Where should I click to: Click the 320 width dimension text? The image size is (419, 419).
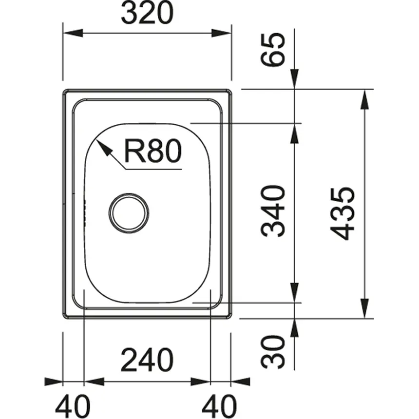[147, 15]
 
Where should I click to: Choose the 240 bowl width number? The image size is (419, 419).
[147, 361]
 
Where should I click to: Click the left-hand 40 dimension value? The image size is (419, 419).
[72, 404]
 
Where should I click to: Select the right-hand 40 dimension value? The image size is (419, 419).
[220, 404]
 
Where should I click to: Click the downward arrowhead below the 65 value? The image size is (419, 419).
[294, 81]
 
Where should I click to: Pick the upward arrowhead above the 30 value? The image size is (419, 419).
[294, 328]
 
